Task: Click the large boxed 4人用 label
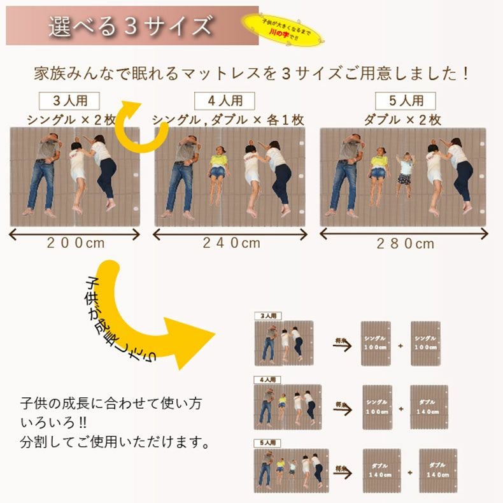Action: pyautogui.click(x=224, y=101)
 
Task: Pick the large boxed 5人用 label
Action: pyautogui.click(x=405, y=101)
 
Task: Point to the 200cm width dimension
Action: pyautogui.click(x=74, y=243)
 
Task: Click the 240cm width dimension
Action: pyautogui.click(x=231, y=243)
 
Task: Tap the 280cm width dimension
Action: pyautogui.click(x=404, y=243)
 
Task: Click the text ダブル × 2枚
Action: pyautogui.click(x=402, y=119)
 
